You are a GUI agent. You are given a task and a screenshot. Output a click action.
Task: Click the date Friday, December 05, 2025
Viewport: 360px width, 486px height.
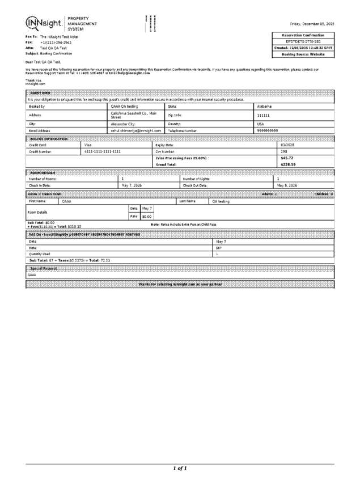312,24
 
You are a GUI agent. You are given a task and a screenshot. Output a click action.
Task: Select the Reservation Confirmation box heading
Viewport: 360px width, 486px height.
303,35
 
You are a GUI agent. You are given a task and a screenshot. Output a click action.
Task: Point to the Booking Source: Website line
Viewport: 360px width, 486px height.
303,54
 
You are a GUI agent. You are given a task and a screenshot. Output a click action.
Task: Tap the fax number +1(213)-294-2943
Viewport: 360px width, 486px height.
56,43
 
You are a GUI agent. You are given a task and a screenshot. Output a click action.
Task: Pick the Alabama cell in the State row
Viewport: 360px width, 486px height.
265,107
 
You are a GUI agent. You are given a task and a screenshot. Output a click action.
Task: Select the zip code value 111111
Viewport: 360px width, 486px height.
264,115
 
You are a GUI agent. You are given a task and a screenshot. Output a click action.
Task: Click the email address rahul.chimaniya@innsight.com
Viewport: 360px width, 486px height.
136,130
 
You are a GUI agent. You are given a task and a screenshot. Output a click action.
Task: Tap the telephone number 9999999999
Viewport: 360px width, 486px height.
268,130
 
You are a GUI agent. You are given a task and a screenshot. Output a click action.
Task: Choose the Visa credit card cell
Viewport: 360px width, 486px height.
88,145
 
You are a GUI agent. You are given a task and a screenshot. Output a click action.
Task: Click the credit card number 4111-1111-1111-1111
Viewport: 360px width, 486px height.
103,151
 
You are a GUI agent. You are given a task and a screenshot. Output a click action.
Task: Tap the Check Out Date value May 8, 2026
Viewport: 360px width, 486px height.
286,185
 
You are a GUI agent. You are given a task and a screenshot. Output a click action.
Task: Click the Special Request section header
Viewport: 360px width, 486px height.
43,268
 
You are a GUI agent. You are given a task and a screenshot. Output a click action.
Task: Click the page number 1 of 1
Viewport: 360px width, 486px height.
180,468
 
